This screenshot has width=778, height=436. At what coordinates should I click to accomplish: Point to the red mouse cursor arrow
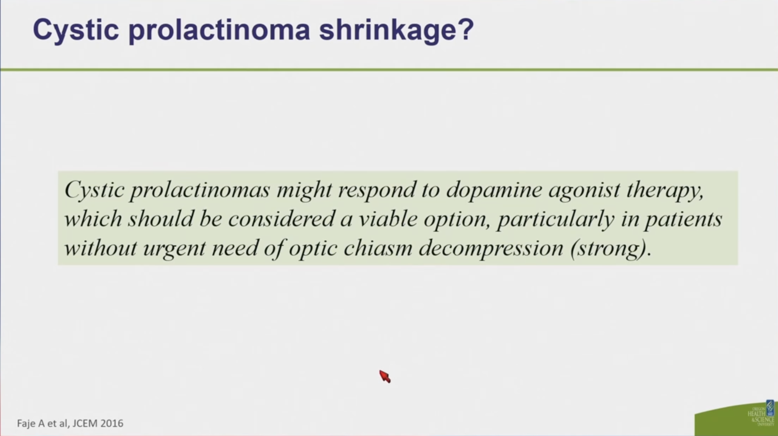(385, 376)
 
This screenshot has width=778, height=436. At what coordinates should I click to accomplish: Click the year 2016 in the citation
(112, 423)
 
